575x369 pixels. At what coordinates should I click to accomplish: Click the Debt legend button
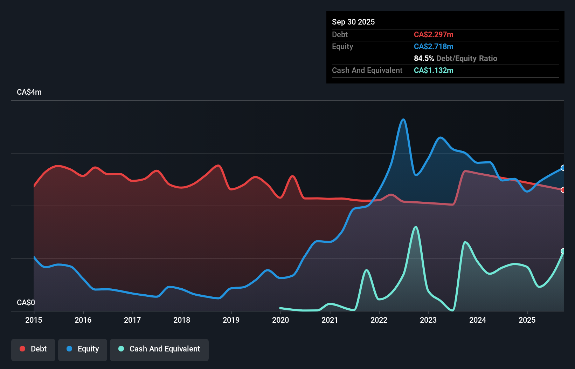click(x=33, y=349)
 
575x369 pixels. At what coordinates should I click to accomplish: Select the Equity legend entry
click(x=83, y=349)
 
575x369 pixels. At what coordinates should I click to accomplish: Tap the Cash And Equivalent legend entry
click(x=159, y=349)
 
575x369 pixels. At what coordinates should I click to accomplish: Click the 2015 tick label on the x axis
click(x=34, y=320)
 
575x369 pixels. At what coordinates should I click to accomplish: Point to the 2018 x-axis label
click(x=182, y=320)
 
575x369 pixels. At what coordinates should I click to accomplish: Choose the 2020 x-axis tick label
click(x=280, y=320)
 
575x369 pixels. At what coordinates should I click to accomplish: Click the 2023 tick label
click(x=428, y=320)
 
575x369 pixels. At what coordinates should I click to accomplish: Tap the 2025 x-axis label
click(x=527, y=320)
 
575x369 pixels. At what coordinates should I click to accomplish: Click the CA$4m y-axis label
click(x=29, y=92)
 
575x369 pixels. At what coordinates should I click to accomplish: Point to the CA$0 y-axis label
click(x=26, y=302)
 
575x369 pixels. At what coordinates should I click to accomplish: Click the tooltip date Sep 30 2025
click(x=353, y=22)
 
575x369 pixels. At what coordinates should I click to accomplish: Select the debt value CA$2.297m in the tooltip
click(x=434, y=34)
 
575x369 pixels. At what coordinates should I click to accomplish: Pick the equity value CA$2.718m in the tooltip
click(x=434, y=46)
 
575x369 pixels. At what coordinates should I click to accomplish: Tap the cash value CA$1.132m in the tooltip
click(x=434, y=70)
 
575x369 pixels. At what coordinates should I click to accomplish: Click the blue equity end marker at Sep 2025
click(x=563, y=168)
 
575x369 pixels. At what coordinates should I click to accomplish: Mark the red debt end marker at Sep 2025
click(x=563, y=190)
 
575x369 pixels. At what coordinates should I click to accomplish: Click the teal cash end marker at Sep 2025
click(x=563, y=251)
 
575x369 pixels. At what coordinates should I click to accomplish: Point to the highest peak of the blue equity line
click(x=403, y=120)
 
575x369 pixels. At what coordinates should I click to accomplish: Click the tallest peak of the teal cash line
click(x=416, y=227)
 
